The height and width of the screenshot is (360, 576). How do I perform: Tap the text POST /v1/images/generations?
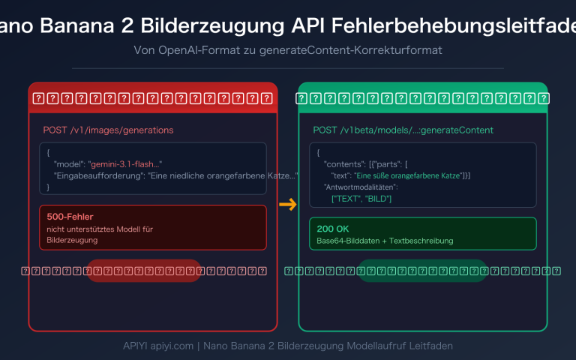(108, 130)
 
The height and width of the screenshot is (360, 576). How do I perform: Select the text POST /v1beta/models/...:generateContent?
(403, 130)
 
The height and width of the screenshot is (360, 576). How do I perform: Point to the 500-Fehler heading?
(70, 217)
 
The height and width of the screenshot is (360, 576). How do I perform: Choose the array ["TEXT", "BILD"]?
(361, 198)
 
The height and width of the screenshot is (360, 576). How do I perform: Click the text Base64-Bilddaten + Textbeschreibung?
(385, 241)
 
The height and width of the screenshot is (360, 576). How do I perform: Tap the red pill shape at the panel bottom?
(143, 271)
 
